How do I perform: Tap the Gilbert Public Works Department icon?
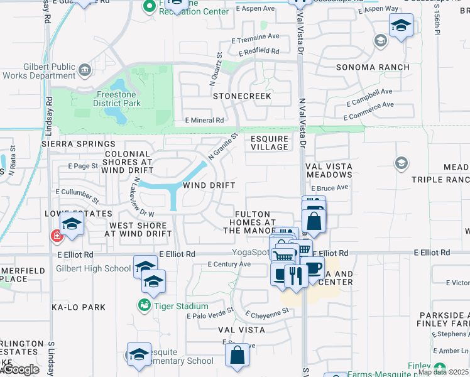coord(85,69)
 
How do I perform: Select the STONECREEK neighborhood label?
coord(242,97)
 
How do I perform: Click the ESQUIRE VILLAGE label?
coord(269,143)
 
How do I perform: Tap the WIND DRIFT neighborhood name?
coord(209,185)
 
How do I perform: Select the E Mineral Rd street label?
coord(204,120)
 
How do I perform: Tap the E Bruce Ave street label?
coord(329,188)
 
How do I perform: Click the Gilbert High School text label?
coord(94,268)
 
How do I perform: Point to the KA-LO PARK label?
coord(79,307)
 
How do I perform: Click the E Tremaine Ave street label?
coord(255,38)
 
